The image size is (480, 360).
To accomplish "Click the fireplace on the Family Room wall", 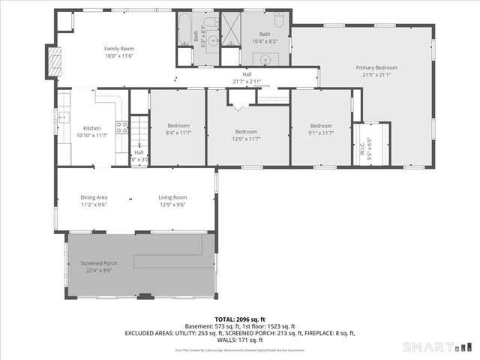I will (53, 61).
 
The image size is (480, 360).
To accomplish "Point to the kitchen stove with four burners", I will (121, 128).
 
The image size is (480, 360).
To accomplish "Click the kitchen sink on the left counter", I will (64, 117).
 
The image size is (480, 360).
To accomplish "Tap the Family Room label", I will (118, 48).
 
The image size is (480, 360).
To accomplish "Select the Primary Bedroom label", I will (376, 67).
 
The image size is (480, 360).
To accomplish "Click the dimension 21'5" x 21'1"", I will (376, 75).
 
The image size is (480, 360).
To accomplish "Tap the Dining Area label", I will (94, 197).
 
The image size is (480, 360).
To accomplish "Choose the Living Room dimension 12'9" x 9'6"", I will (172, 205).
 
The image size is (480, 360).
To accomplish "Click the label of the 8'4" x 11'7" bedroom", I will (178, 125).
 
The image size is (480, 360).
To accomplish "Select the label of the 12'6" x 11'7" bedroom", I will (247, 132).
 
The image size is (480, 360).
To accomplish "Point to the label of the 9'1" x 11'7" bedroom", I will (321, 125).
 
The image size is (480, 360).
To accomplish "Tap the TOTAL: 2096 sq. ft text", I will (240, 319).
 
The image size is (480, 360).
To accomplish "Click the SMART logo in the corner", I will (439, 346).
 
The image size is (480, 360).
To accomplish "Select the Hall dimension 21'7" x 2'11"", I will (247, 81).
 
